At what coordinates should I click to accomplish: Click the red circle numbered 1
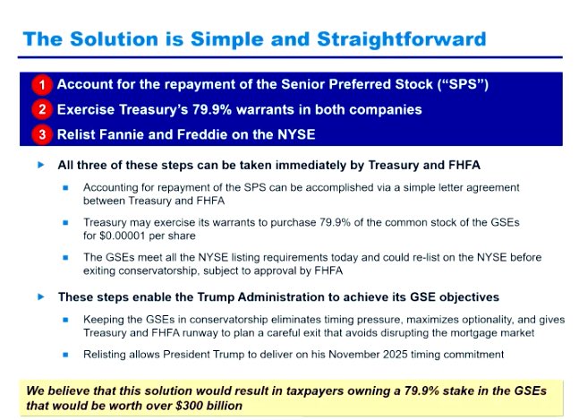coord(41,85)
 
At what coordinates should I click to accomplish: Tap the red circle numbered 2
coord(41,110)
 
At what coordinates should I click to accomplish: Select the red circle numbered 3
coord(41,135)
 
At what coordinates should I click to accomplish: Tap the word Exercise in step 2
coord(91,110)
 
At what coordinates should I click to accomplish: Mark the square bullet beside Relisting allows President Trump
coord(65,356)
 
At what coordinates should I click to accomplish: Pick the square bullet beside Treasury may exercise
coord(65,221)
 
